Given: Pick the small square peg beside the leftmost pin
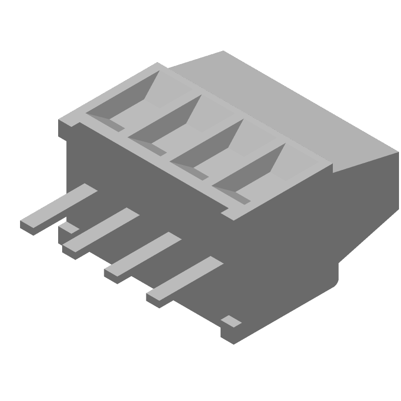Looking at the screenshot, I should (69, 229).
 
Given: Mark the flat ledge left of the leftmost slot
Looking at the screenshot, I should (73, 120).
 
